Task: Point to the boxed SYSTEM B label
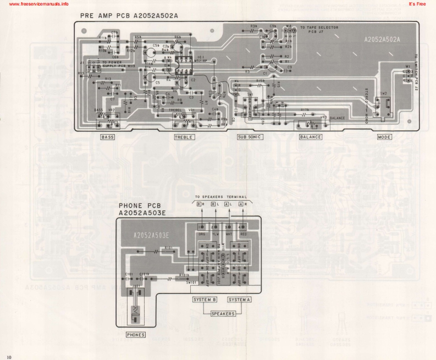click(206, 300)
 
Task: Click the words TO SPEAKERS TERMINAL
click(222, 197)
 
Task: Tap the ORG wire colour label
click(201, 233)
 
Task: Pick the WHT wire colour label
click(228, 233)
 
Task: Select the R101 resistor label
click(169, 248)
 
